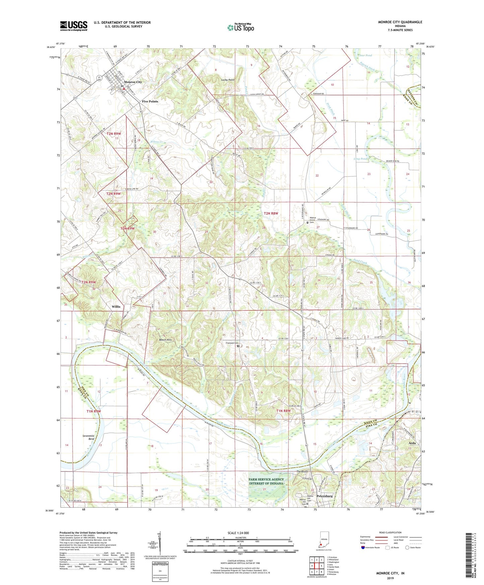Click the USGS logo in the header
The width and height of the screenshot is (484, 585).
[x=74, y=26]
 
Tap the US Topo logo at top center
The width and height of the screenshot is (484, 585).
[x=240, y=27]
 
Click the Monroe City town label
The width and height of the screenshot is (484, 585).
[x=133, y=82]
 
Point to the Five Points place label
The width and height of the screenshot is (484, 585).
[x=150, y=101]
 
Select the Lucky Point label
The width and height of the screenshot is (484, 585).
[x=228, y=80]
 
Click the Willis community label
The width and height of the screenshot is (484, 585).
[x=116, y=307]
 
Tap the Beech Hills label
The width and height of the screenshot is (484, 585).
[x=165, y=340]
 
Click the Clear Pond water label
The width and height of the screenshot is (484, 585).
[x=365, y=55]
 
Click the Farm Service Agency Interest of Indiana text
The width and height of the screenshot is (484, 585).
[x=266, y=481]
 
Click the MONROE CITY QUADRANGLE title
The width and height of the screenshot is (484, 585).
[x=400, y=22]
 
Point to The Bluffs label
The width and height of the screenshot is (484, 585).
[x=302, y=471]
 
